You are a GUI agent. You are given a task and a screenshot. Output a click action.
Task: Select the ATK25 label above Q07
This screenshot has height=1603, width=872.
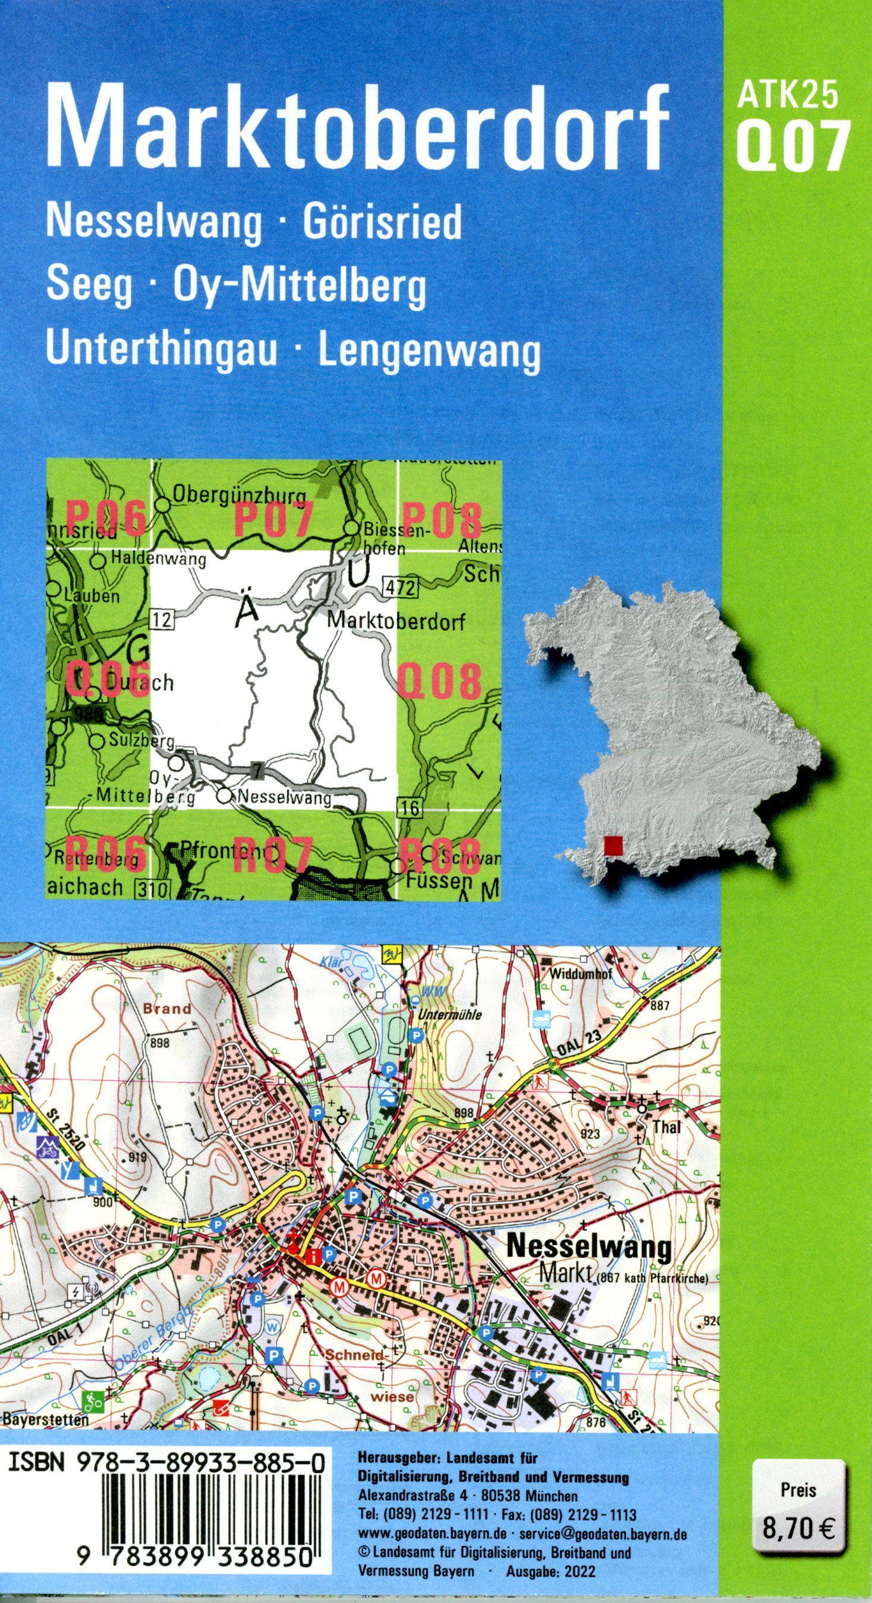pyautogui.click(x=788, y=97)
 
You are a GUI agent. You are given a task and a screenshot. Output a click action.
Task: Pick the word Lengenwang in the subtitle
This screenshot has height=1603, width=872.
pyautogui.click(x=429, y=352)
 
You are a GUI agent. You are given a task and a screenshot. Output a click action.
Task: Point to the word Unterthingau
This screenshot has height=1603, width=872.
pyautogui.click(x=160, y=351)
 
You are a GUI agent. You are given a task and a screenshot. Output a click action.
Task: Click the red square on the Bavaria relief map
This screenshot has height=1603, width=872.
pyautogui.click(x=613, y=844)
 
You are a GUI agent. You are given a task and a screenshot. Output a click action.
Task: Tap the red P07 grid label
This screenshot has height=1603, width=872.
pyautogui.click(x=272, y=520)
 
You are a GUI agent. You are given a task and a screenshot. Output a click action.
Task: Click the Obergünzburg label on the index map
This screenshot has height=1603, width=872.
pyautogui.click(x=240, y=496)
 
